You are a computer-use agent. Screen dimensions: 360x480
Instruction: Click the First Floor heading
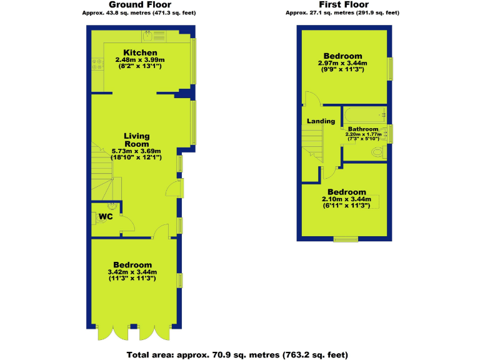coord(343,4)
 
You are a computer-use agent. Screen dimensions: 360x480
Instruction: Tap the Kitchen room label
coord(140,52)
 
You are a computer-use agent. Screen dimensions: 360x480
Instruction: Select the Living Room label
coord(136,140)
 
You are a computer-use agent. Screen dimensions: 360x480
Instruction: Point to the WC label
coord(104,217)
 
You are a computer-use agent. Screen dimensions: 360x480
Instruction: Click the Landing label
coord(321,121)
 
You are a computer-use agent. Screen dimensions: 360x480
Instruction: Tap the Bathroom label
coord(363,129)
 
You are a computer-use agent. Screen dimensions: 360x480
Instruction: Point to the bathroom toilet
coord(379,152)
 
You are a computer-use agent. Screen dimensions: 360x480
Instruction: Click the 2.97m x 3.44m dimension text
coord(343,63)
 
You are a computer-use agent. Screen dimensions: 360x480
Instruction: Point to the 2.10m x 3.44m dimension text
coord(346,199)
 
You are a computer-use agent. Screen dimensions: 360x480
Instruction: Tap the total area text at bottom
coord(237,354)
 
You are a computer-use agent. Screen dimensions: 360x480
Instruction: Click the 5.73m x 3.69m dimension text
coord(136,151)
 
